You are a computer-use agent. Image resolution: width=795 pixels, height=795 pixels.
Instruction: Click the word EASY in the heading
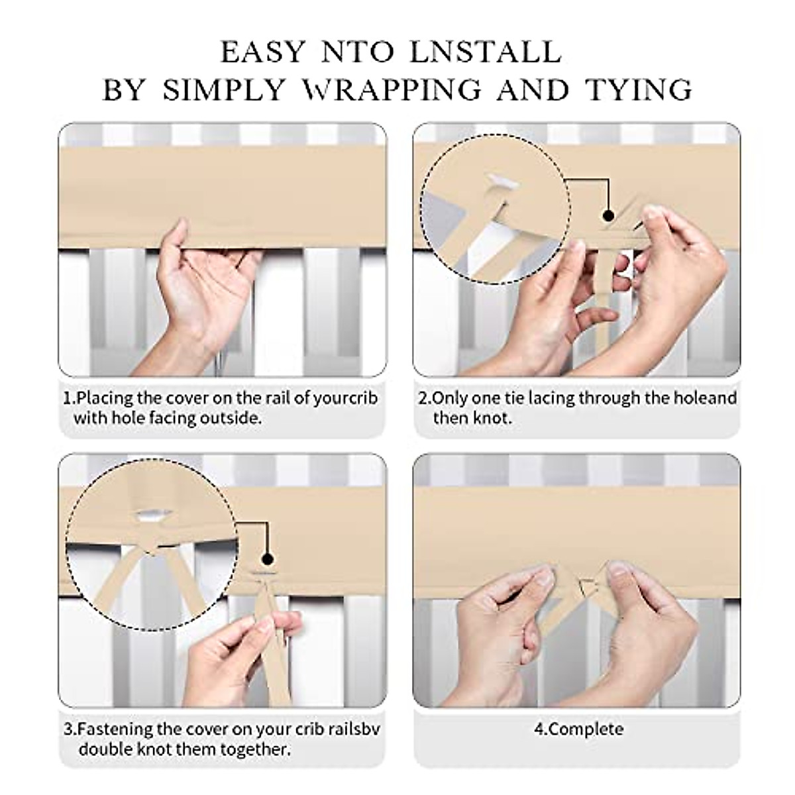(x=263, y=52)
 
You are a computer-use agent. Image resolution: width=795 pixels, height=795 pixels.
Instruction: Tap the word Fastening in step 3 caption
(x=115, y=729)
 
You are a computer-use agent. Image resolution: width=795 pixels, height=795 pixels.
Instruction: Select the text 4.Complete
(x=579, y=729)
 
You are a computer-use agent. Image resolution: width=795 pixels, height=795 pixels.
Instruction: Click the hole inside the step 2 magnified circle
(x=501, y=182)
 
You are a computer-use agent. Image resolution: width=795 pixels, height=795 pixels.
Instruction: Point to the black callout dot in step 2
(x=608, y=215)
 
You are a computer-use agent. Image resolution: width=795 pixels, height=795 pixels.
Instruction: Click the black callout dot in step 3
(x=268, y=559)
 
